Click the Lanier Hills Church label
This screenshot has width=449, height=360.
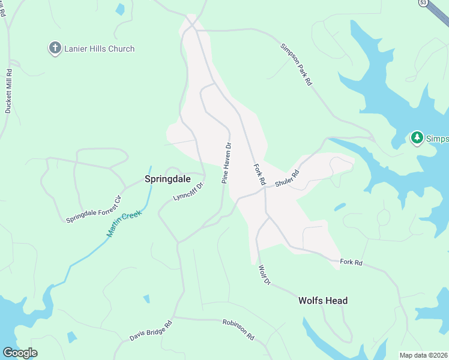pos(100,49)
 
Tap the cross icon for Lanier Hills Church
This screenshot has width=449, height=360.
pos(55,49)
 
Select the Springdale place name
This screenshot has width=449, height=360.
pos(167,179)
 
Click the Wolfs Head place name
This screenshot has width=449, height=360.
pos(323,301)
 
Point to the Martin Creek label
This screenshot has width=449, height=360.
pos(123,223)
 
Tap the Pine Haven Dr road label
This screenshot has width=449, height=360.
pos(227,162)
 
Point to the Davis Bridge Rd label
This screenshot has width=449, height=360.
pos(151,331)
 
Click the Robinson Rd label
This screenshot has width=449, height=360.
pos(238,329)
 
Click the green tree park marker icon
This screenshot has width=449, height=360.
pos(417,138)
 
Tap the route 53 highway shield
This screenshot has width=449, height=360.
pos(423,3)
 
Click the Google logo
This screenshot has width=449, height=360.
pos(20,353)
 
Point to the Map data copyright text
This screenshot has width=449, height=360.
pos(424,355)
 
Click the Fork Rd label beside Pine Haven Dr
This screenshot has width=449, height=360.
pos(259,174)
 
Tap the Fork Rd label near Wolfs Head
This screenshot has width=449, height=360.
pos(351,262)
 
